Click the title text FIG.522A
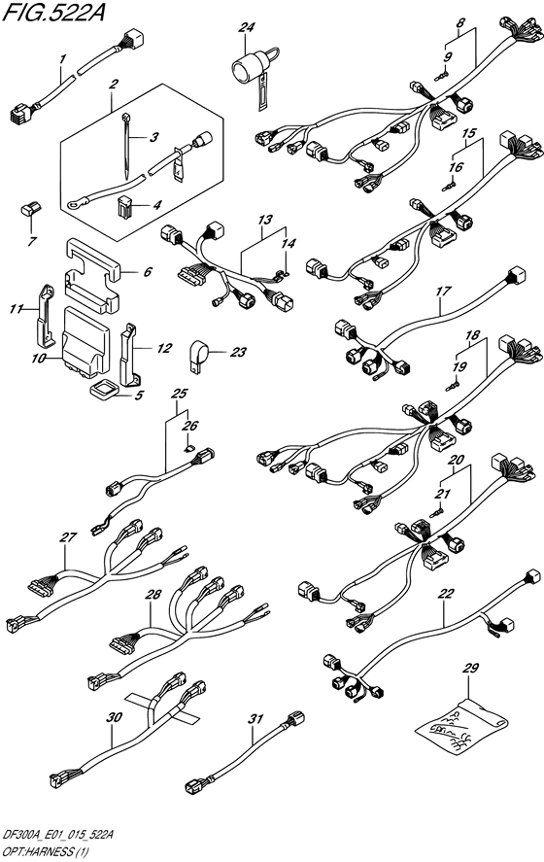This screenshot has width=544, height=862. pos(53,12)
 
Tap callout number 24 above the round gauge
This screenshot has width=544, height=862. pos(247,27)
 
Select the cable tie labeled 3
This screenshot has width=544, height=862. pos(126,145)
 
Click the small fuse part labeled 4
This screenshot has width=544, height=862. pos(125,206)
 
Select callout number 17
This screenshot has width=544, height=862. pos(443,292)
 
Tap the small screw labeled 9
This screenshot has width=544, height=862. pos(442,76)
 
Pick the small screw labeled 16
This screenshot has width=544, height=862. pos(450,187)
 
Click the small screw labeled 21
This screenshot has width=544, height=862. pos(437,512)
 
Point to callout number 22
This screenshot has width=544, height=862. pos(447,593)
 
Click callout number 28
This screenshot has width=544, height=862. pos(153,595)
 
